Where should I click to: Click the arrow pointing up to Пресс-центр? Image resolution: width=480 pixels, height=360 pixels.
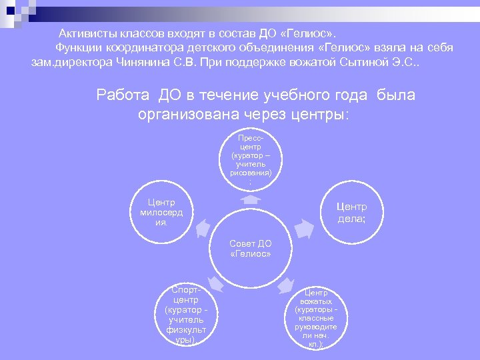point(250,199)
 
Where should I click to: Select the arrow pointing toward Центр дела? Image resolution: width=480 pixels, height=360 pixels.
point(303,229)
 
